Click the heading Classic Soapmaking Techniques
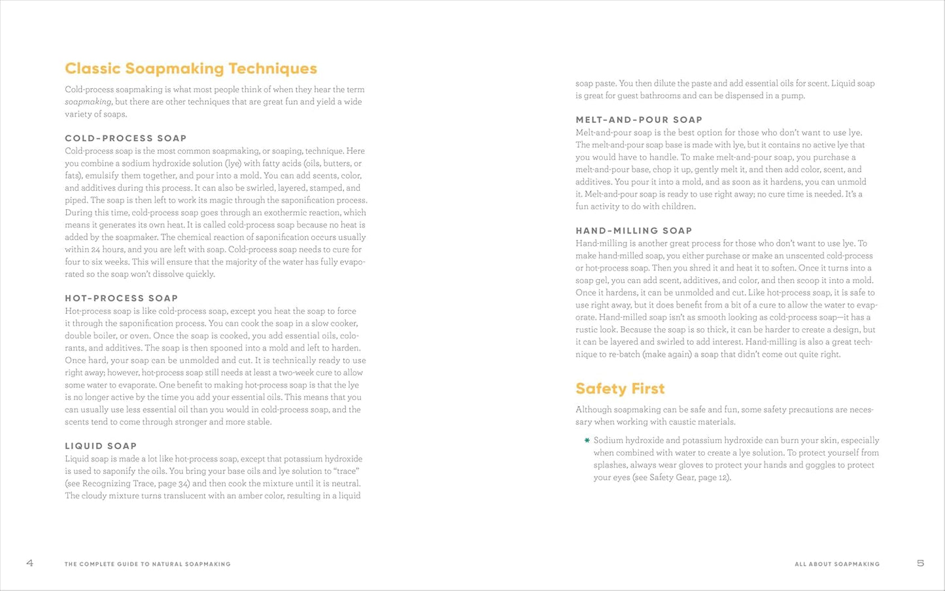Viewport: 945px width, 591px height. pos(191,69)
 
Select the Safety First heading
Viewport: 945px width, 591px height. pos(620,389)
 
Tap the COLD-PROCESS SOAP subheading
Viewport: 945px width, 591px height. pos(126,138)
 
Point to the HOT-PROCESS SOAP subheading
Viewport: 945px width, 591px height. pos(121,298)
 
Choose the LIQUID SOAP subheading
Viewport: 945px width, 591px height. pos(101,446)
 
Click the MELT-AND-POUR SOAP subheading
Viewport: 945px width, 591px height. pos(639,120)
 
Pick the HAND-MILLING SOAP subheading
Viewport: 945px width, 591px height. pos(634,231)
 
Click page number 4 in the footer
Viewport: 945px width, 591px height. pos(29,563)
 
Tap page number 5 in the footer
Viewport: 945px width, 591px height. pos(920,563)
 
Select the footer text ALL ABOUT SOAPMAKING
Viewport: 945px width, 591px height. pos(837,564)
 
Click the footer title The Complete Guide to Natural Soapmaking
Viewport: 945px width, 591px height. pos(147,564)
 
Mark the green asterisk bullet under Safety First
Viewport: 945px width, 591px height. pos(587,440)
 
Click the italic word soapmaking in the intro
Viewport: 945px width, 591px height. pos(88,102)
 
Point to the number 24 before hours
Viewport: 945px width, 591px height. pos(96,250)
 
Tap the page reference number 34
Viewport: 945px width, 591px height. pos(184,484)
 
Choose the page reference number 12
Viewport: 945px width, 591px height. pos(724,477)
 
